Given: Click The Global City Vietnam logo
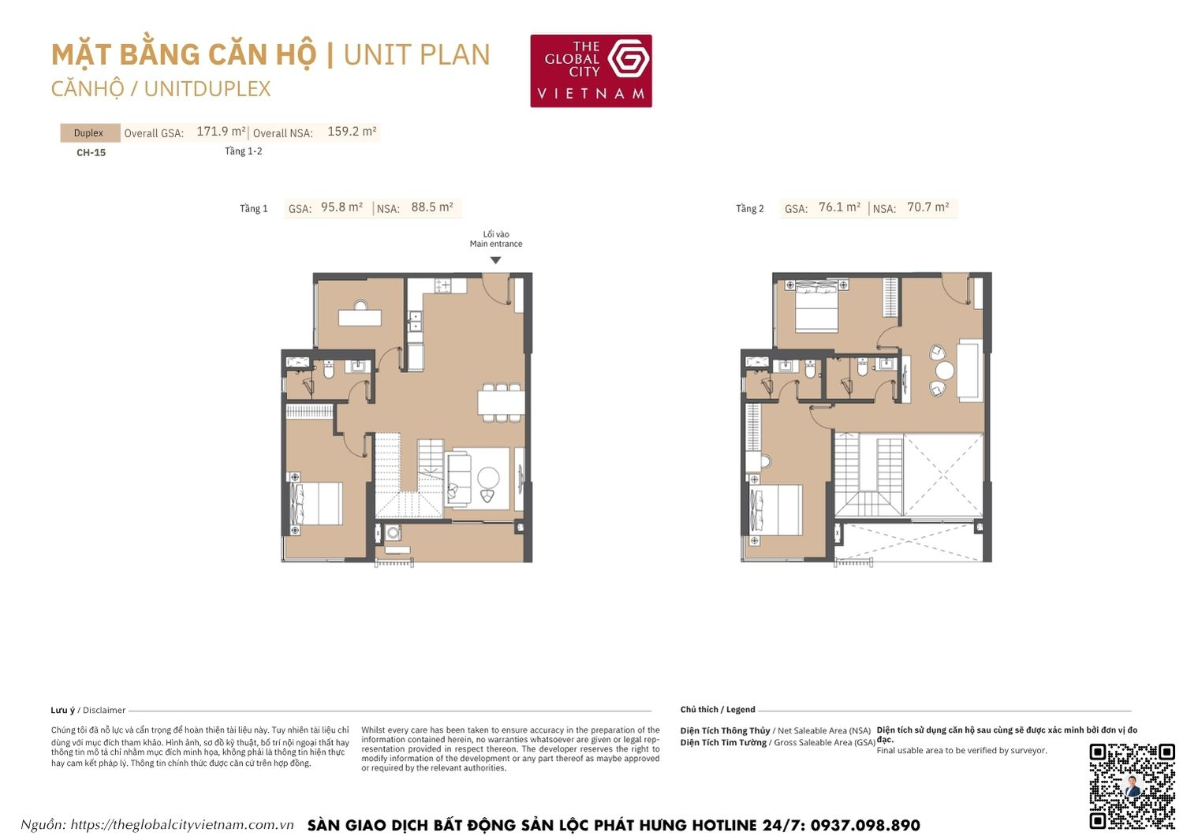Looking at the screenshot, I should pyautogui.click(x=591, y=71).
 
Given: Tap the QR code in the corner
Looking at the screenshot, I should pyautogui.click(x=1132, y=786).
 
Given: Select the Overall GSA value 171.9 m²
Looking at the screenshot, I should pyautogui.click(x=221, y=132).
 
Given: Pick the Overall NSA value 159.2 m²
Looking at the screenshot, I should pyautogui.click(x=352, y=132).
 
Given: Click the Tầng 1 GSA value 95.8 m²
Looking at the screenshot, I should pyautogui.click(x=341, y=207).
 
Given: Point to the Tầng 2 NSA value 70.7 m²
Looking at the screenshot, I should pyautogui.click(x=927, y=207).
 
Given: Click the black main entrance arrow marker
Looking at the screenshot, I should pyautogui.click(x=495, y=260).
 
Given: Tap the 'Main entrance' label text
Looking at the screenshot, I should pyautogui.click(x=496, y=244).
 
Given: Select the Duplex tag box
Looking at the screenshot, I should pyautogui.click(x=89, y=132).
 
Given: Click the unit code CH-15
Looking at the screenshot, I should pyautogui.click(x=91, y=153).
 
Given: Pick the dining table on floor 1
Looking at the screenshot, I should pyautogui.click(x=500, y=402).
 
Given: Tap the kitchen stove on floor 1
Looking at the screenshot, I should pyautogui.click(x=442, y=285).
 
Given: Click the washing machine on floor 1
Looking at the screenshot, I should pyautogui.click(x=393, y=532).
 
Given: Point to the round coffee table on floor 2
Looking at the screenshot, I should pyautogui.click(x=944, y=371).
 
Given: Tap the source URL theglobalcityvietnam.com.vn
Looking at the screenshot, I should pyautogui.click(x=181, y=825).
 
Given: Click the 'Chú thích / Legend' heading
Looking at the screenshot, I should pyautogui.click(x=718, y=710).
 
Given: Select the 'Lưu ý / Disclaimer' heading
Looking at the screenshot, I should pyautogui.click(x=88, y=711).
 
